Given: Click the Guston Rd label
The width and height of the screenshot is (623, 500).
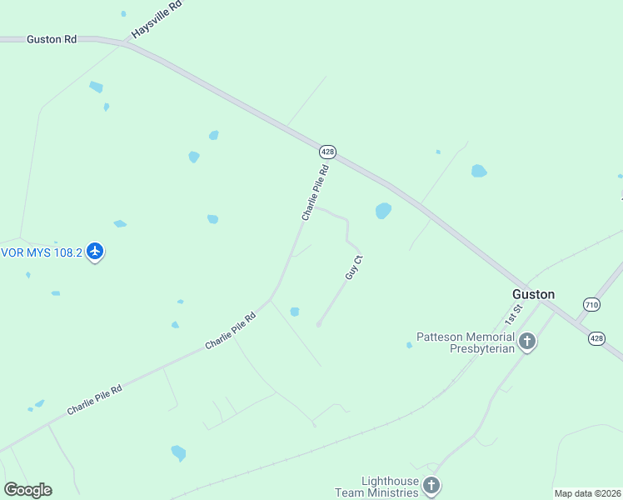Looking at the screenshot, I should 52,39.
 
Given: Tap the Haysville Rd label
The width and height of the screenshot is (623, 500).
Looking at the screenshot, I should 156,21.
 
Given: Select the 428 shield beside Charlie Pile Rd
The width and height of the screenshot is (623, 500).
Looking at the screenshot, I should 327,152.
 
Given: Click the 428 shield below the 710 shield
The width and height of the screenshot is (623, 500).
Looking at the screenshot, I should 596,337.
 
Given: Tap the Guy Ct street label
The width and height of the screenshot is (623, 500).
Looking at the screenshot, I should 354,267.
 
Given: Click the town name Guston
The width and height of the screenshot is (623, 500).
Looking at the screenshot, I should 533,294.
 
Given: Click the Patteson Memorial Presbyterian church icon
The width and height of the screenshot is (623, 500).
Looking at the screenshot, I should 526,341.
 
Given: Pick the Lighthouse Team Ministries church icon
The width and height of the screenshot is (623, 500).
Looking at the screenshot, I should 431,485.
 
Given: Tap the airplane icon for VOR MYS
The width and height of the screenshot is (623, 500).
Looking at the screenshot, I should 96,250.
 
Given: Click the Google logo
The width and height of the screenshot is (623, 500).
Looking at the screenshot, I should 27,490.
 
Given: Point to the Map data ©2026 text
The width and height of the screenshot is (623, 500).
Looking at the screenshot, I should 587,493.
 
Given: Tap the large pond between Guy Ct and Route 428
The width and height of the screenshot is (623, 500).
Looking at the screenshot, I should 383,211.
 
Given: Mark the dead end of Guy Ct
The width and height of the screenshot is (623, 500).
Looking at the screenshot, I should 318,325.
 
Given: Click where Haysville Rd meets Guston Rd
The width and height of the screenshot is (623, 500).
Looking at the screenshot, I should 125,42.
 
